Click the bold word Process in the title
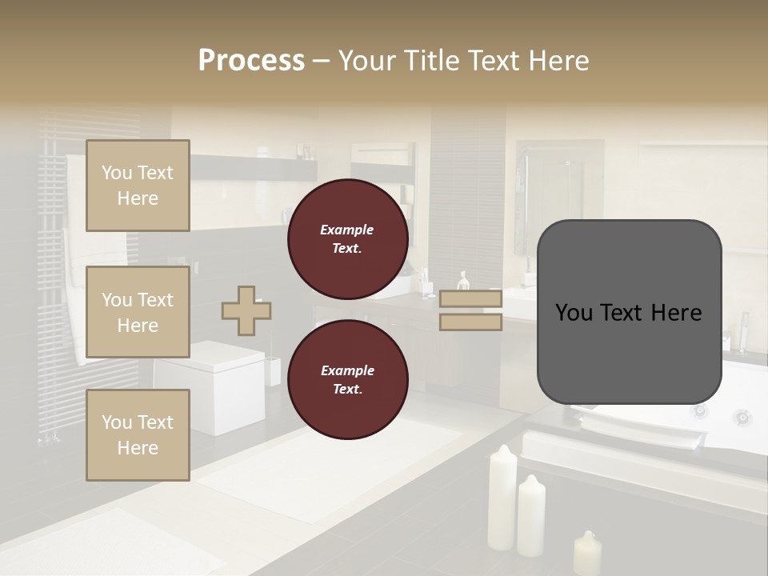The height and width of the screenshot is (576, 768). (251, 60)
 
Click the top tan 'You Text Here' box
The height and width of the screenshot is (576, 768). (138, 186)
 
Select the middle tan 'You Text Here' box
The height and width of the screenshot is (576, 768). (138, 312)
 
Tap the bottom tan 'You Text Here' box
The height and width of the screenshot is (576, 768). (138, 435)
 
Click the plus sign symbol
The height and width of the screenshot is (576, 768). (246, 310)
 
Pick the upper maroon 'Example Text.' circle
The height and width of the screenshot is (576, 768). (347, 239)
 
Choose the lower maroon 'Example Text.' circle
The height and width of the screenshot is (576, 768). (347, 380)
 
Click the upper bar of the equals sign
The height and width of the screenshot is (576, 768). (470, 298)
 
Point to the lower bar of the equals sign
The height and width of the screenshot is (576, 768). (470, 322)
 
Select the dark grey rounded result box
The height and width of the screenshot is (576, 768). (629, 312)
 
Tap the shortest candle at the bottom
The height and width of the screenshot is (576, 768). (587, 552)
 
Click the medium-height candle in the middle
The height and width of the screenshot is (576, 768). (531, 514)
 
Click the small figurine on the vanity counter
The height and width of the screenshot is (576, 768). (463, 281)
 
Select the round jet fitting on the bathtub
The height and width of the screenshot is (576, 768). (742, 417)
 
